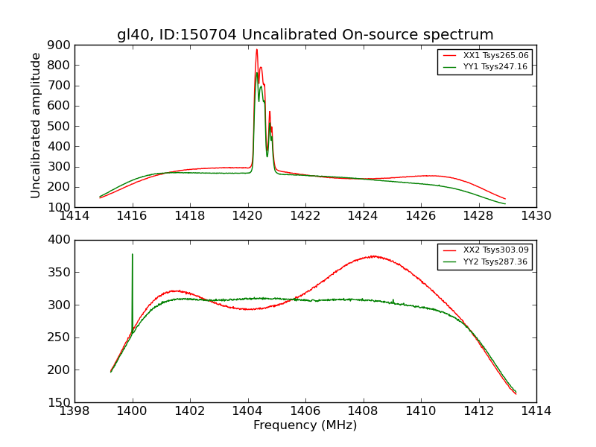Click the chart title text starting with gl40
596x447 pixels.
pos(305,35)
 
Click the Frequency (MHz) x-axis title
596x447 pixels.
pos(305,425)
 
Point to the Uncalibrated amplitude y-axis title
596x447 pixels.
pos(36,126)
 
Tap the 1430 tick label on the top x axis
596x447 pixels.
pos(536,216)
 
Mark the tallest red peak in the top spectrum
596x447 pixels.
pos(256,50)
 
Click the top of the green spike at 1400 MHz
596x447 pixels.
pos(133,255)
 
